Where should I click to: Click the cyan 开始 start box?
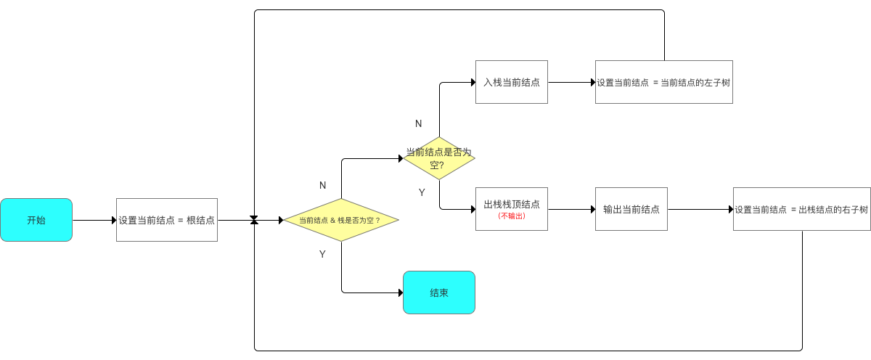(x=36, y=220)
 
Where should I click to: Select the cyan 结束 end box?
(x=438, y=292)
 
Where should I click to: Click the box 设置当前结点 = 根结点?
(x=167, y=220)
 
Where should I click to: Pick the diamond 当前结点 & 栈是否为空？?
(x=340, y=220)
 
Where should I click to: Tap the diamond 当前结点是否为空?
(x=438, y=158)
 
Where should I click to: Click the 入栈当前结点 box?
(x=511, y=82)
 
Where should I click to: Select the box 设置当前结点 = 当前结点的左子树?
(x=663, y=82)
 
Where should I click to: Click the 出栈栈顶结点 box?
(x=511, y=205)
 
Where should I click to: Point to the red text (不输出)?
(x=511, y=216)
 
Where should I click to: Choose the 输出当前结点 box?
(x=631, y=209)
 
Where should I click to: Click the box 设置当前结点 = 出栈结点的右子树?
(x=801, y=209)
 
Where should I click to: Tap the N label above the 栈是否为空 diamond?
(x=323, y=185)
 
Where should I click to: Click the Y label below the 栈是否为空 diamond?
(x=323, y=254)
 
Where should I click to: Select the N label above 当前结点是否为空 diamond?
(x=418, y=123)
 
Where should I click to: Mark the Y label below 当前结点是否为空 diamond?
(x=422, y=192)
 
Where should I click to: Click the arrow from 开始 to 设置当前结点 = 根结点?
(x=94, y=220)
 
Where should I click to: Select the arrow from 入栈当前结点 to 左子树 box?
(x=571, y=82)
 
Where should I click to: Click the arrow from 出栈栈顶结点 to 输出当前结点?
(x=571, y=209)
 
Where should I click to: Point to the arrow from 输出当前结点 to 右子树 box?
(x=700, y=209)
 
